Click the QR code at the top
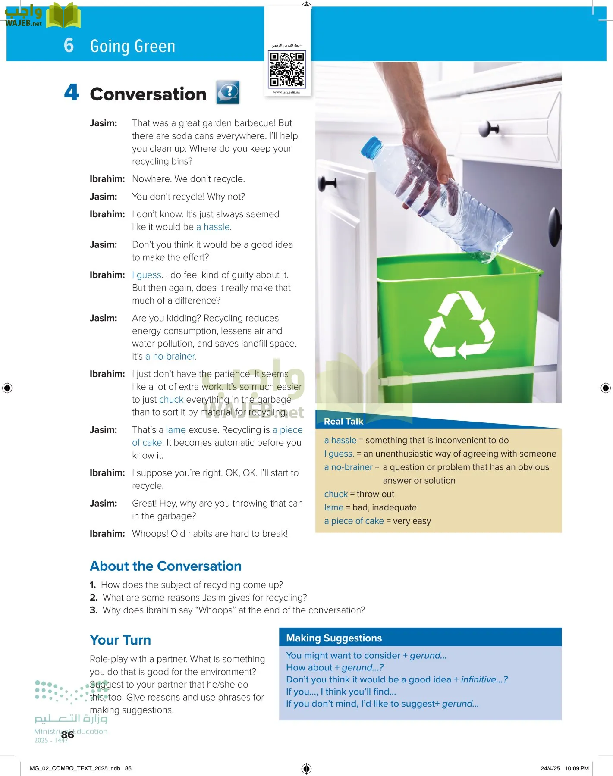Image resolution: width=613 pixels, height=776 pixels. (x=287, y=69)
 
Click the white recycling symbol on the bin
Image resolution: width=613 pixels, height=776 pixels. (x=459, y=325)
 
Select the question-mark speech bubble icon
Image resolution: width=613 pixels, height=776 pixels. (x=228, y=92)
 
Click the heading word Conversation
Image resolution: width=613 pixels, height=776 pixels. (x=148, y=94)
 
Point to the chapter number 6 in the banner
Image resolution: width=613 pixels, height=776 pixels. (x=69, y=45)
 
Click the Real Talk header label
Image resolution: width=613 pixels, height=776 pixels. (x=343, y=421)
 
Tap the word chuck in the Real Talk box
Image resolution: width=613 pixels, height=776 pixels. (x=336, y=494)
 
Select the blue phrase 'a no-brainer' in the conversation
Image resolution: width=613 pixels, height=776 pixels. (x=170, y=357)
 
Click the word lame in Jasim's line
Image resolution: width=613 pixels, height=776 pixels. (x=176, y=430)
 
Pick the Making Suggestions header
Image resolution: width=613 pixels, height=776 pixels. (x=334, y=638)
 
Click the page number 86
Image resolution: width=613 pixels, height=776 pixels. (x=67, y=735)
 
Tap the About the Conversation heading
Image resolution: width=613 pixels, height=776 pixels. (x=166, y=566)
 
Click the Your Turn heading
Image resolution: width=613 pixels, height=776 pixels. (x=120, y=640)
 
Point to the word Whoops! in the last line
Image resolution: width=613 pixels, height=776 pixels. (x=150, y=534)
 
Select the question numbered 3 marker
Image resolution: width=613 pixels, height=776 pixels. (x=94, y=610)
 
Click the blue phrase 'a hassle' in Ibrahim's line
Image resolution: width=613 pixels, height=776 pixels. (x=213, y=227)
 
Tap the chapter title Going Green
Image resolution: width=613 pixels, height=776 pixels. (x=132, y=46)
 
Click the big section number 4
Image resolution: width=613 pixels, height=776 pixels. (x=72, y=92)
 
